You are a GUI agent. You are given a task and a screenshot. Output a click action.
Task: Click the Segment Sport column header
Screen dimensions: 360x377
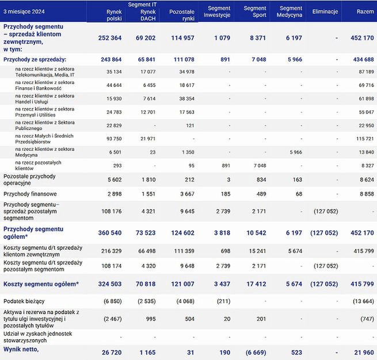(255, 12)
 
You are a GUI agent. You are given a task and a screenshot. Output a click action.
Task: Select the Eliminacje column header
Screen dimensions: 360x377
(325, 12)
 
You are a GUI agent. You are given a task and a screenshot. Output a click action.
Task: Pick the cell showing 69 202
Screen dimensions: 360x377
(147, 38)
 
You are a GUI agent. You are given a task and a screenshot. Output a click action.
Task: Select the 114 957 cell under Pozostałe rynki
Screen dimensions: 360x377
(182, 38)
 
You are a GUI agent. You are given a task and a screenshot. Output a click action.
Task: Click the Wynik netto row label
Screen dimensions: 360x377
(22, 348)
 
